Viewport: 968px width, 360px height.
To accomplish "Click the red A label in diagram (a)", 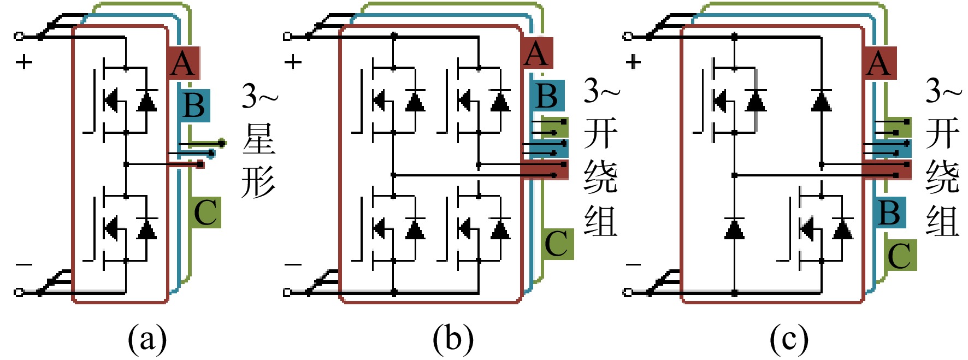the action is (184, 63).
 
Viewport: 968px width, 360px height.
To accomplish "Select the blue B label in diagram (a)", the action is (194, 105).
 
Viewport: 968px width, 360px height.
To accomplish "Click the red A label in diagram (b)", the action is (536, 54).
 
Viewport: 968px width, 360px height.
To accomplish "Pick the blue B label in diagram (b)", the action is (547, 96).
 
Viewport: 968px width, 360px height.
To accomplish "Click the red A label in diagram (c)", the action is (880, 63).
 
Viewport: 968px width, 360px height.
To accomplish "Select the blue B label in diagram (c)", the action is (890, 213).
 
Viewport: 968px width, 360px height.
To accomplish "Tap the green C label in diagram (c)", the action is (900, 255).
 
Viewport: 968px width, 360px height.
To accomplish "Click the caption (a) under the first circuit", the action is (147, 339).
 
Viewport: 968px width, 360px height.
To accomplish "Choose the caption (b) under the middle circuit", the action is (453, 339).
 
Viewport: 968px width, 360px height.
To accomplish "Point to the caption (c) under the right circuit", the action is (788, 339).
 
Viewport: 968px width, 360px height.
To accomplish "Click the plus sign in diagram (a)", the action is (24, 62).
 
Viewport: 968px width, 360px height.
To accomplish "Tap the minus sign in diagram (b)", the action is (293, 265).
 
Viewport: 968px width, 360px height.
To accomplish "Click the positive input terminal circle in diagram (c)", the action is (628, 37).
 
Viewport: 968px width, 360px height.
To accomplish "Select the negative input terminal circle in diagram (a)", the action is (19, 292).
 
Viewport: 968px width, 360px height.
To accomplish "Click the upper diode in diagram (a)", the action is (146, 100).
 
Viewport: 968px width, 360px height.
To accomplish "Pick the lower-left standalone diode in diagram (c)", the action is (734, 228).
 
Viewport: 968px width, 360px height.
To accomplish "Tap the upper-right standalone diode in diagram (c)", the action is (822, 100).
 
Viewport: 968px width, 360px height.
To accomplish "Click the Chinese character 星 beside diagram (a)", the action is (259, 139).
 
